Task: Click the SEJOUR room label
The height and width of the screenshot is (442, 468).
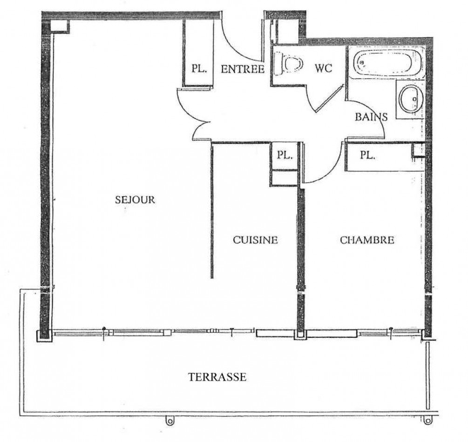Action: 135,200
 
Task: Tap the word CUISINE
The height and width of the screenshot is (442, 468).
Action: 255,240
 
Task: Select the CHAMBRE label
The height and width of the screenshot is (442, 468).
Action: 367,240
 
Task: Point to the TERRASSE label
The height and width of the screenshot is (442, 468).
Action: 217,377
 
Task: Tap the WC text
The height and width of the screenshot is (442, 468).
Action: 324,69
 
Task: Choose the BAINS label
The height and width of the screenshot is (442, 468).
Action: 371,117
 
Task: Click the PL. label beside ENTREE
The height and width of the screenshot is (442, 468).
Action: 199,69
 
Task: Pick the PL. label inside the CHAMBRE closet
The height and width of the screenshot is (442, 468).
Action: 367,156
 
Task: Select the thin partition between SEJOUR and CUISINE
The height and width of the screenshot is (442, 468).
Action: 212,209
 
